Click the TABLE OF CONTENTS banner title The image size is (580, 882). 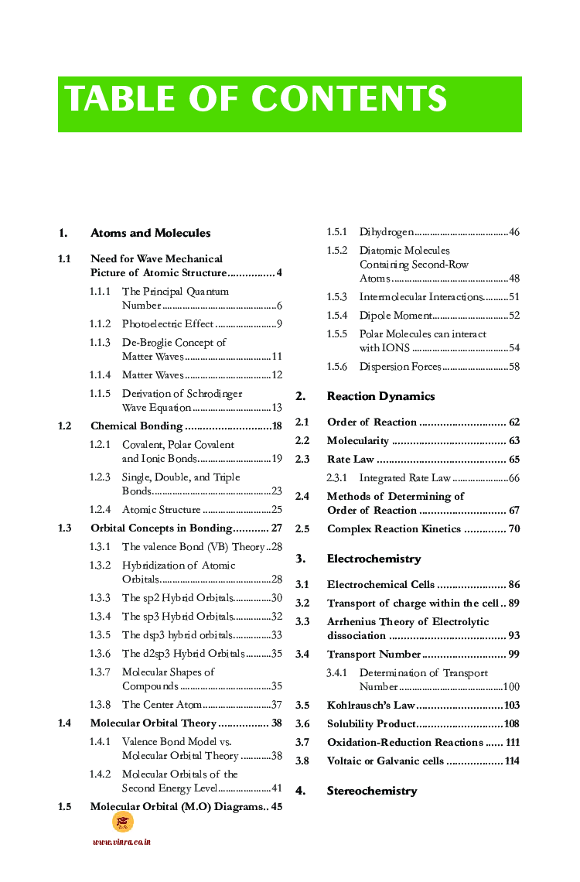pos(256,100)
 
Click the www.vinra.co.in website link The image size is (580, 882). pos(121,842)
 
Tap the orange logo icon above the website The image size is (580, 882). pos(122,822)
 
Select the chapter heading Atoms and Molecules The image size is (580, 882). pos(150,233)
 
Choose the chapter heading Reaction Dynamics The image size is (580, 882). pos(380,396)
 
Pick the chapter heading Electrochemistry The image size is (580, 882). pos(374,559)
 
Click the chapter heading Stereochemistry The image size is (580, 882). pos(372,791)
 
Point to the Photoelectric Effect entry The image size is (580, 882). pos(168,324)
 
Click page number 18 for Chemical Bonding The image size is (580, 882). pos(277,426)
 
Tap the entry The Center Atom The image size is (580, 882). pos(162,705)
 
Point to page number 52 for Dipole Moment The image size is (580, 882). pos(514,316)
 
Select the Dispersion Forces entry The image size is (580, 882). pos(400,367)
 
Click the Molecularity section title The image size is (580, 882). pos(358,441)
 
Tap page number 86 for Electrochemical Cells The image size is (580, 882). pos(513,585)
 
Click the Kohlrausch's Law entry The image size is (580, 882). pos(372,706)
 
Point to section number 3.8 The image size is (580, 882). pos(302,761)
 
